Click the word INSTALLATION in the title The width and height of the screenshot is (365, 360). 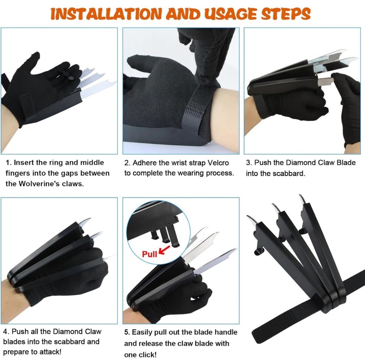(x=106, y=14)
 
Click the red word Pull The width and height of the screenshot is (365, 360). (x=149, y=254)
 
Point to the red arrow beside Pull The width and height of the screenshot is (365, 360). (x=165, y=250)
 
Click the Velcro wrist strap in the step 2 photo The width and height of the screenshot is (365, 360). (x=198, y=104)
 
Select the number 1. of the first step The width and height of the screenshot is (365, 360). (x=9, y=162)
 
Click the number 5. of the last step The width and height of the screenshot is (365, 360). (x=127, y=332)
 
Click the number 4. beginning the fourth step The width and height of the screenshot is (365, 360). (x=6, y=332)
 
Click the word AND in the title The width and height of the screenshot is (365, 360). (x=183, y=14)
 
